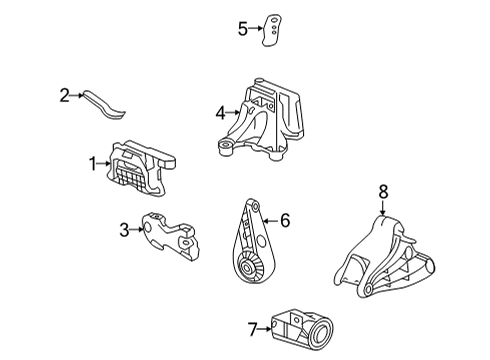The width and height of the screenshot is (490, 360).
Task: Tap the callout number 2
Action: tap(64, 96)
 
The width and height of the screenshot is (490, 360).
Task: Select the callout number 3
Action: tap(124, 231)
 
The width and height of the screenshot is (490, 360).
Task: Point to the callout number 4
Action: tap(220, 113)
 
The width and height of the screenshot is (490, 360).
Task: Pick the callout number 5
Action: tap(242, 29)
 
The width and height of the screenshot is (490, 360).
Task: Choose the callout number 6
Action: tap(285, 221)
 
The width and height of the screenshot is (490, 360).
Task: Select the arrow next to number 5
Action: tap(255, 29)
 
